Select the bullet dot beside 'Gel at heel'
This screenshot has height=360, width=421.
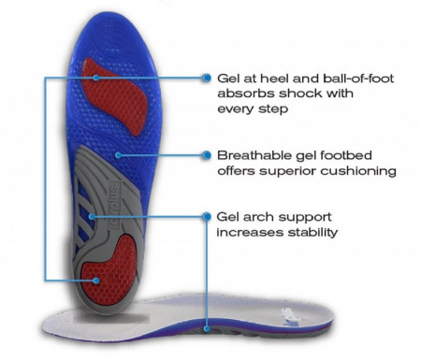pyautogui.click(x=206, y=78)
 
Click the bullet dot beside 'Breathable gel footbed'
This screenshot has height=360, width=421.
pyautogui.click(x=206, y=155)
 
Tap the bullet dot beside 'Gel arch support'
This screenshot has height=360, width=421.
pyautogui.click(x=206, y=217)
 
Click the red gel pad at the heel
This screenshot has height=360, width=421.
pyautogui.click(x=110, y=270)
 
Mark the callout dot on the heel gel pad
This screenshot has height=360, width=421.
pyautogui.click(x=96, y=281)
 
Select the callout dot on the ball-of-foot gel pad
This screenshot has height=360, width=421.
pyautogui.click(x=96, y=78)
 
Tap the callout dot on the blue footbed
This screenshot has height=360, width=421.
pyautogui.click(x=118, y=155)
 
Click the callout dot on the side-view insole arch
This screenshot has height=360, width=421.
pyautogui.click(x=207, y=328)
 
